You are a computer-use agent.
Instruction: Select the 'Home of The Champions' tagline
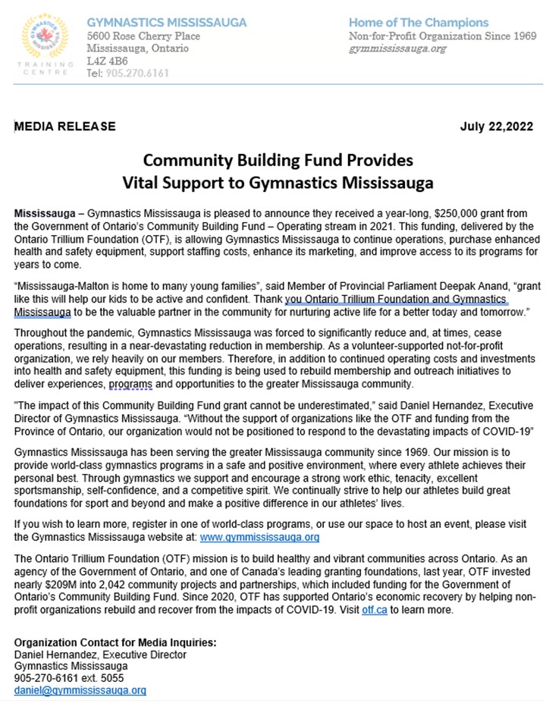[419, 23]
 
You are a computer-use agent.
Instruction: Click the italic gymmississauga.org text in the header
[397, 49]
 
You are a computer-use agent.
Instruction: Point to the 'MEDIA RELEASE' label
[65, 126]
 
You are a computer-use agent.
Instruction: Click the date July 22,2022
[496, 126]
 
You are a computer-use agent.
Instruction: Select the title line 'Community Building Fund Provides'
[278, 161]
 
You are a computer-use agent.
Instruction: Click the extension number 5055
[111, 678]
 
